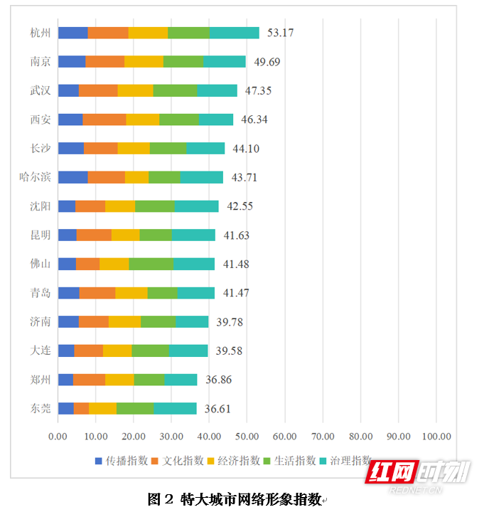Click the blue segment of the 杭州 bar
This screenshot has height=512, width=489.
[x=72, y=33]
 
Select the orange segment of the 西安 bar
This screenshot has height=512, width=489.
[x=104, y=119]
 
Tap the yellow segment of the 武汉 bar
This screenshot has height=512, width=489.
[x=135, y=90]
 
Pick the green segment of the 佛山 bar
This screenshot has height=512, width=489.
[x=151, y=264]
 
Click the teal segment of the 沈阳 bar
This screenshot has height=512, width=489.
[x=197, y=206]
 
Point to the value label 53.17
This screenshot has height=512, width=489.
[x=280, y=33]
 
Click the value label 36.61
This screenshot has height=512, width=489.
[x=217, y=409]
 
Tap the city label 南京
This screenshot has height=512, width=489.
[x=41, y=62]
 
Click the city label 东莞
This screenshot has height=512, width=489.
[x=41, y=408]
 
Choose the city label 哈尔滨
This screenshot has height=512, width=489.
[x=36, y=177]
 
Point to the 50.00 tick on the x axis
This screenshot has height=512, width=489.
[x=247, y=436]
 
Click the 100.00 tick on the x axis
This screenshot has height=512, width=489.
[x=436, y=436]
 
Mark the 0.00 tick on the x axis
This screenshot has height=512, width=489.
[x=58, y=436]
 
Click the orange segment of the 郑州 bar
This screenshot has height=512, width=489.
[x=89, y=380]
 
